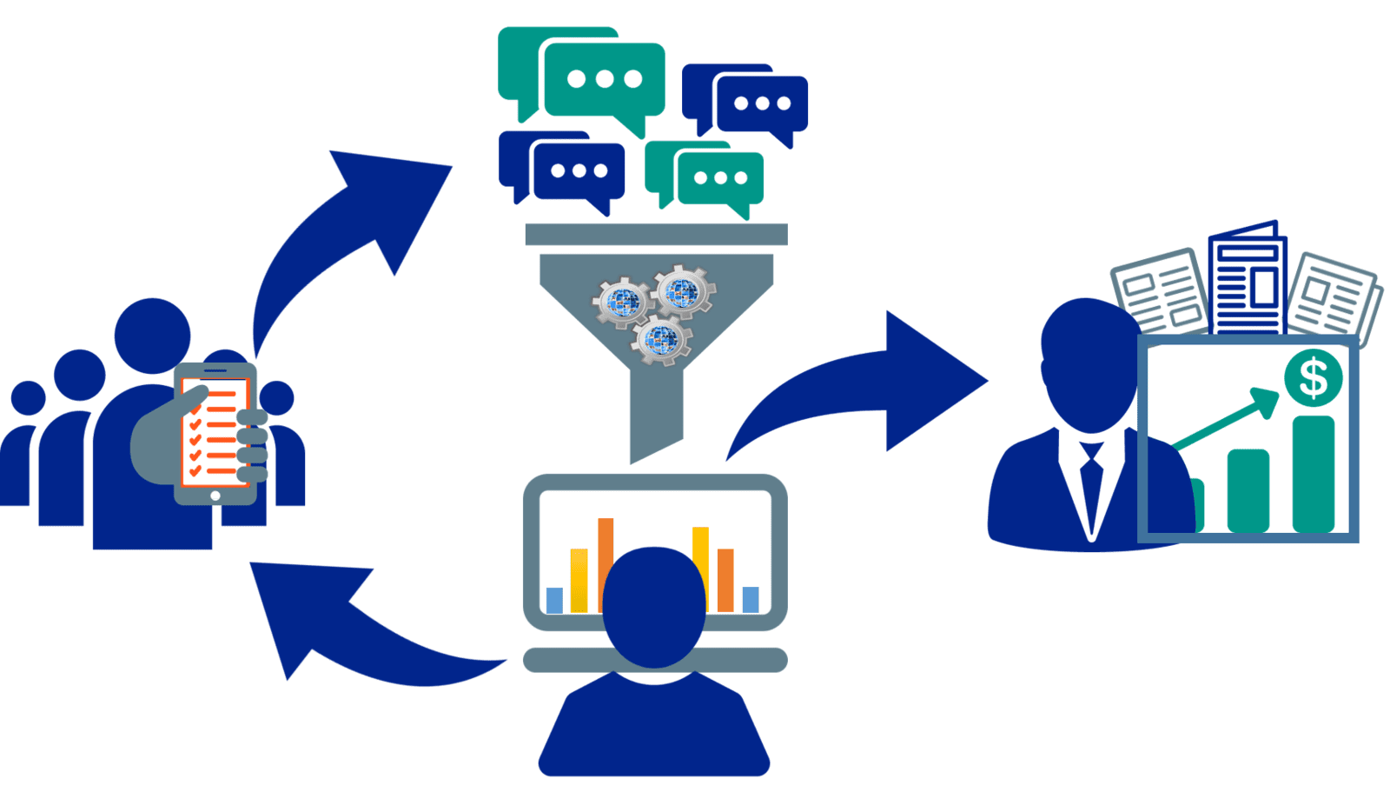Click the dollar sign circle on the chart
(1313, 377)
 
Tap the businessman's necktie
(1090, 487)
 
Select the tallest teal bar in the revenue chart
(1313, 474)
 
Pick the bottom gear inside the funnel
(662, 338)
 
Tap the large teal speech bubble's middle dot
(605, 79)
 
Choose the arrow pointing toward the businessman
(869, 383)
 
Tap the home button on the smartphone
(215, 496)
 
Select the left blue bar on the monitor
(554, 600)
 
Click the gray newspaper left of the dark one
(1160, 291)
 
